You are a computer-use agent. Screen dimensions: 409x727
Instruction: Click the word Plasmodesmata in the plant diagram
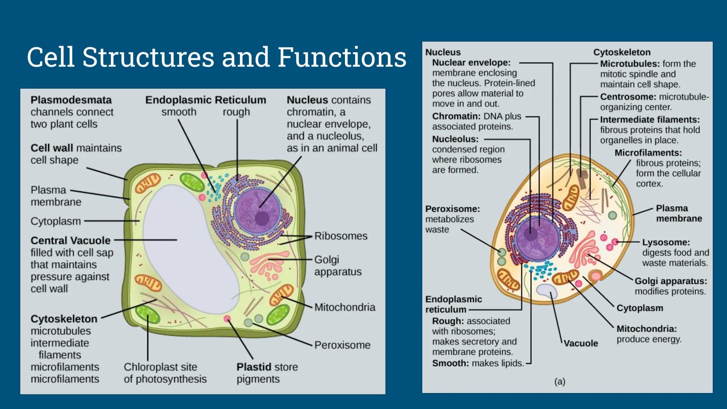tap(71, 100)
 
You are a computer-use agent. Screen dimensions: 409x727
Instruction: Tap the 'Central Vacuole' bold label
tap(70, 240)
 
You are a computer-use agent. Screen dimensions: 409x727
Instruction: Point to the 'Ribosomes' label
tap(341, 236)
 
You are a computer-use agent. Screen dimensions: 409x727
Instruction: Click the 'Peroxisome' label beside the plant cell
tap(342, 345)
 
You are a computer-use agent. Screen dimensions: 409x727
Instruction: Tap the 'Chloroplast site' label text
tap(160, 367)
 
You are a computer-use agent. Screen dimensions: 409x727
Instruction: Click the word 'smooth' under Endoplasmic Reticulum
tap(179, 112)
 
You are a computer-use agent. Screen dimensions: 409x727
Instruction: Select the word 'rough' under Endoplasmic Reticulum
tap(236, 112)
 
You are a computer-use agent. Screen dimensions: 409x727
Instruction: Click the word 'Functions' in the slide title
tap(342, 57)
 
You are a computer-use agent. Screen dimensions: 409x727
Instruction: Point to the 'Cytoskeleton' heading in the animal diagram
tap(622, 52)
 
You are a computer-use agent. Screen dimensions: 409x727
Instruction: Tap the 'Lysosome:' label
tap(666, 242)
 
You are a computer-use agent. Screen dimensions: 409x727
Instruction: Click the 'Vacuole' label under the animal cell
tap(581, 343)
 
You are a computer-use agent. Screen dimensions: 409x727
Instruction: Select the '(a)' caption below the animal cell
tap(560, 381)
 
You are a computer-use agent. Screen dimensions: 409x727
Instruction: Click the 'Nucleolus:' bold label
tap(455, 139)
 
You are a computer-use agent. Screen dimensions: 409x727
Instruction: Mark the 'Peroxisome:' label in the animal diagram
tap(452, 209)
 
